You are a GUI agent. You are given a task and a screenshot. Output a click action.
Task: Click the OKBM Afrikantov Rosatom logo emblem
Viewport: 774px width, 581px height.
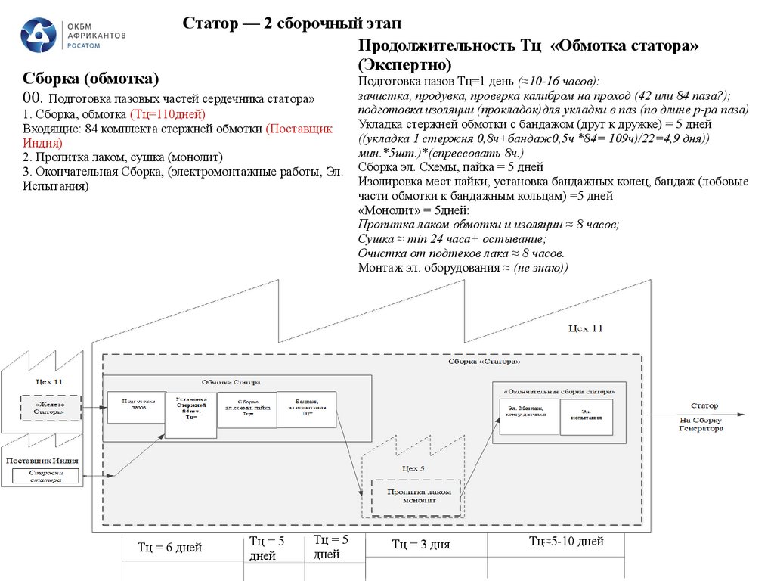pos(37,36)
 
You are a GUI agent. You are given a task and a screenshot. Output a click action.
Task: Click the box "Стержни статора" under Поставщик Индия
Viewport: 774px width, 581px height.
pos(46,477)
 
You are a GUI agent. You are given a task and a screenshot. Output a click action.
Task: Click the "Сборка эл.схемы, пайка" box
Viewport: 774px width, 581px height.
pos(246,409)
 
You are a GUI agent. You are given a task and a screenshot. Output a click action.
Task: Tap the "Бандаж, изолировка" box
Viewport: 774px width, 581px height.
pos(306,409)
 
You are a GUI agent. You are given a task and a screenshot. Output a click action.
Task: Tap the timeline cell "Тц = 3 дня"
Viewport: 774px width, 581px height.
pos(421,544)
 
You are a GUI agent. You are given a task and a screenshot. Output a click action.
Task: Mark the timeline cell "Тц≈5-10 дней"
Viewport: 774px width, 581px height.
pos(566,541)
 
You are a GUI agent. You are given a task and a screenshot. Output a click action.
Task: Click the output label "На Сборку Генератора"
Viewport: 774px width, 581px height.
pos(701,424)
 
